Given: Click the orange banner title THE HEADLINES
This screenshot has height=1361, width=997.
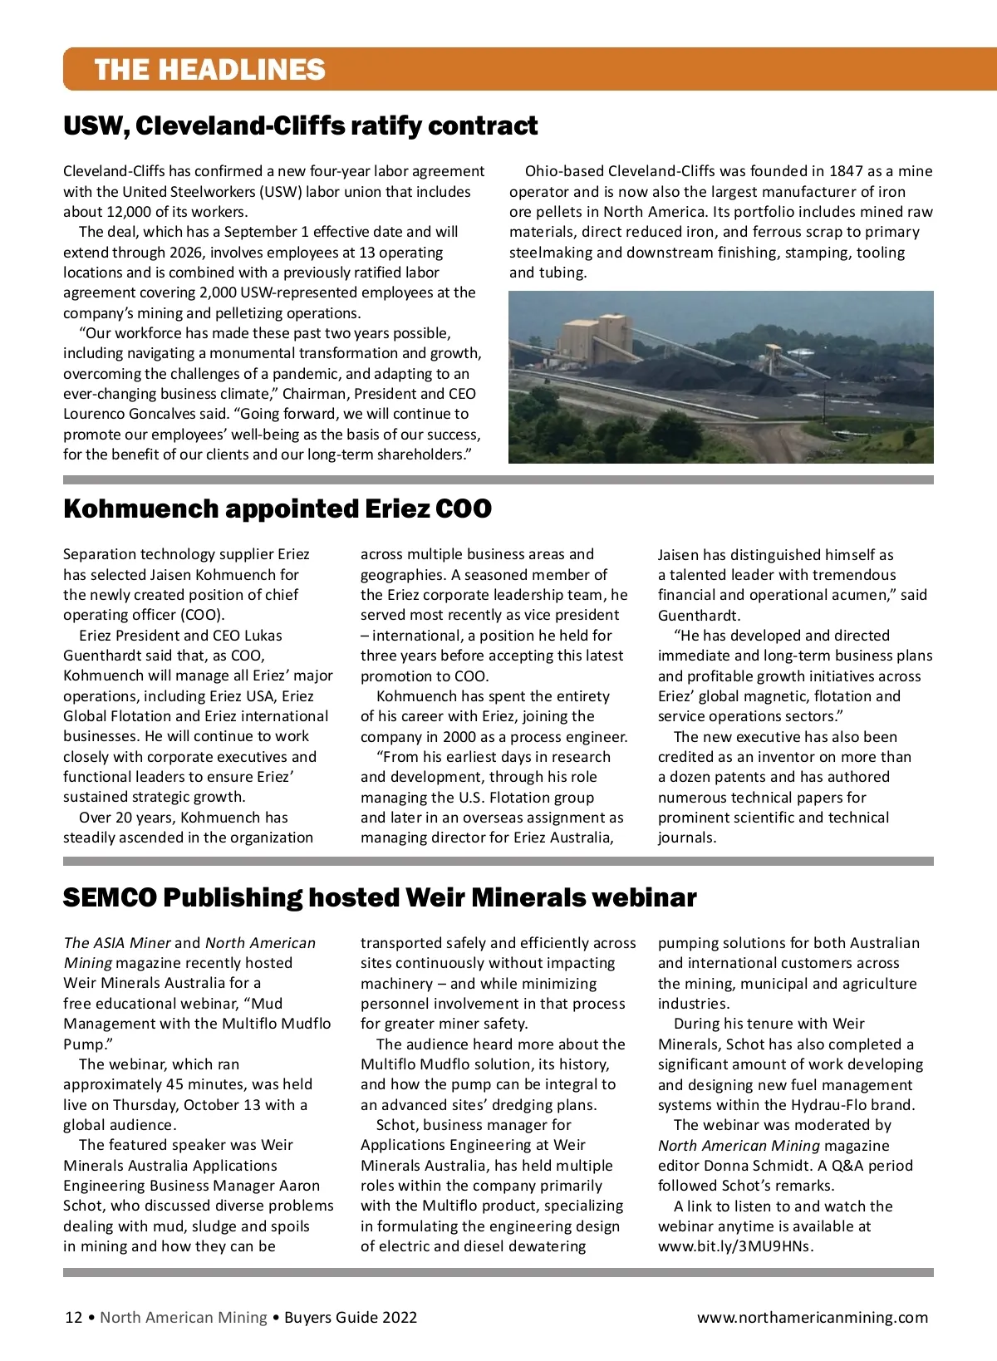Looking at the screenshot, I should (209, 69).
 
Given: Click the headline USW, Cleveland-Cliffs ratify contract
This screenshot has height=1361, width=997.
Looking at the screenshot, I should (300, 125).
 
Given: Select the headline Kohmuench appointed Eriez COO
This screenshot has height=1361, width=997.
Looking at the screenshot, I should (277, 509).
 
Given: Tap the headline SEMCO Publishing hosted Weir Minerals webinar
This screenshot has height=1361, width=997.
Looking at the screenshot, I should (379, 897).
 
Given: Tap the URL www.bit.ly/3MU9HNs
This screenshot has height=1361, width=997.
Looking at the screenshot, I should (735, 1246).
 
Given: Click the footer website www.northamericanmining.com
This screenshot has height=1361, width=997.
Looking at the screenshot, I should (812, 1317).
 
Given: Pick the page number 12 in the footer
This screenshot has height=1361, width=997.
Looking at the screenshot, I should (73, 1317).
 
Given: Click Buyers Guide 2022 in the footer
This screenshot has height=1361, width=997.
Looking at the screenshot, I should (350, 1317).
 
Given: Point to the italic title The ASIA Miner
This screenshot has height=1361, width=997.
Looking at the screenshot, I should (117, 943).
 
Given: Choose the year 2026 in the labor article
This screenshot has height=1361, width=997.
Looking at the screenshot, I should (187, 253).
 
